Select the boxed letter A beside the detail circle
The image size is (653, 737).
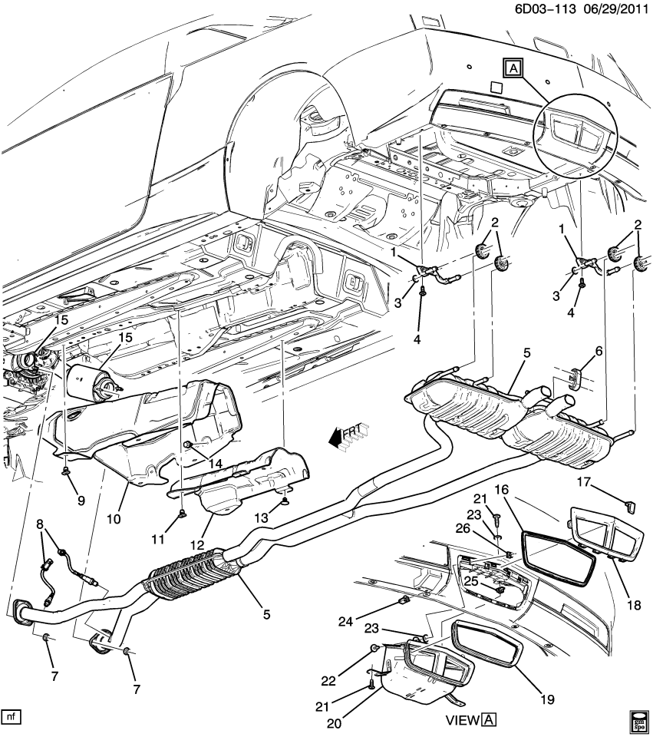512,70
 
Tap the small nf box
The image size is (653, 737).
11,717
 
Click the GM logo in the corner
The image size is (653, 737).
640,721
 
